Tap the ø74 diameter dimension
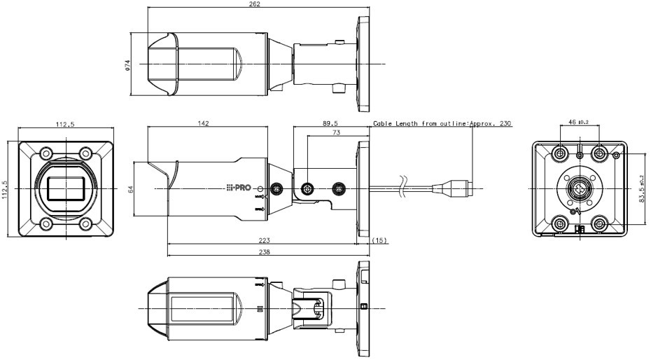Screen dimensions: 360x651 [127, 64]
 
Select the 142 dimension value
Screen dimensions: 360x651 [204, 123]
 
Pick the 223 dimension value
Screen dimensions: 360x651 [265, 240]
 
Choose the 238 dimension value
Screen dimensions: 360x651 [265, 251]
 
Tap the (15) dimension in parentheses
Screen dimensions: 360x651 [381, 240]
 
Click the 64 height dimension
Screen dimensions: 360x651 [131, 189]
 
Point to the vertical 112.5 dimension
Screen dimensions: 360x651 [6, 190]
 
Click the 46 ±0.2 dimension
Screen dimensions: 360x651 [578, 123]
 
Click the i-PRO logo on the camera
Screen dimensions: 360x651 [239, 188]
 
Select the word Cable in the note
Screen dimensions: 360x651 [382, 123]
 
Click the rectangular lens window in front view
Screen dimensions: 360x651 [64, 189]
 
